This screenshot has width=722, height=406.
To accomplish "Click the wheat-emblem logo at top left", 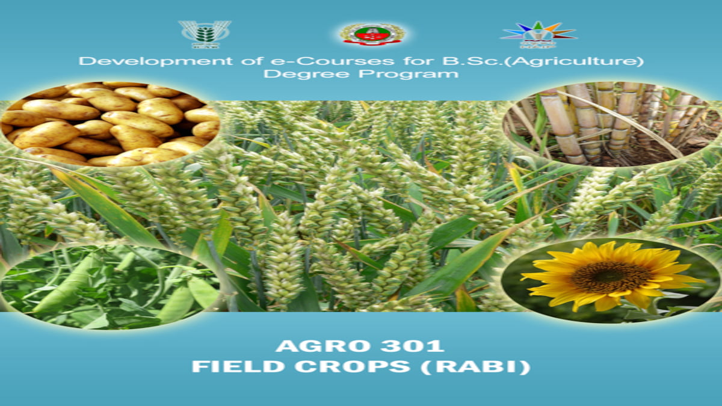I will [x=204, y=34].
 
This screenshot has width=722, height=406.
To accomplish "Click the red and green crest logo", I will [x=372, y=34].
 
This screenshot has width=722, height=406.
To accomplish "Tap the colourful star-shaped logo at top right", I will [x=538, y=34].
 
